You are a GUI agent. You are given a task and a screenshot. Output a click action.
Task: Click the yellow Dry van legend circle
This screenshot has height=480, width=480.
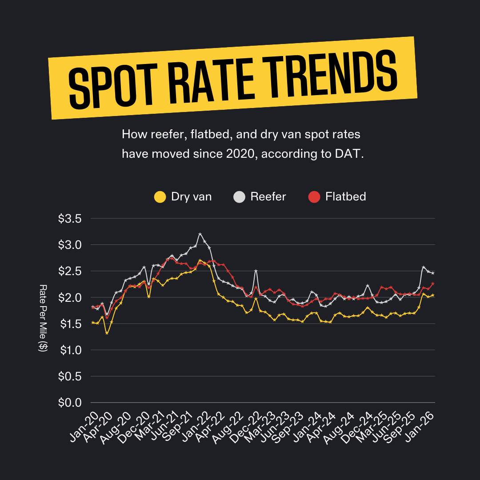160,197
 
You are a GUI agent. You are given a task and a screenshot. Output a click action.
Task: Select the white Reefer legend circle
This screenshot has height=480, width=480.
239,197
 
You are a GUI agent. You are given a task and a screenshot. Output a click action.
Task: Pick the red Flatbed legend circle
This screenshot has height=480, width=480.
314,197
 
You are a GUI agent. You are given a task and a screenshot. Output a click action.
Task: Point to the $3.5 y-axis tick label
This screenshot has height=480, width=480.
70,219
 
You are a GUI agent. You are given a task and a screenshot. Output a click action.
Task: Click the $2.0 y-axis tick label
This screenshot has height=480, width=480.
70,297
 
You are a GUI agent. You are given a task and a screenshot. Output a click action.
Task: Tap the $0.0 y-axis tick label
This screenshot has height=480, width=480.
70,403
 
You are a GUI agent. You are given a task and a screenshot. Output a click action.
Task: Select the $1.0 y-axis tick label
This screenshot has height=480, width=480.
70,350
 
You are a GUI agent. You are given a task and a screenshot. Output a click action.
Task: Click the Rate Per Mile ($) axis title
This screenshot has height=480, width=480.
43,318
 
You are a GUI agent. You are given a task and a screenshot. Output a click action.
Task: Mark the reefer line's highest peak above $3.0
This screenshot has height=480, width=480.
200,234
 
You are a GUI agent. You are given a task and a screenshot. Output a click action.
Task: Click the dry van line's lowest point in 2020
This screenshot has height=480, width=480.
107,333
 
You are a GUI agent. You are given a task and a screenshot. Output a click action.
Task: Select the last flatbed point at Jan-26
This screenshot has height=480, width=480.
433,284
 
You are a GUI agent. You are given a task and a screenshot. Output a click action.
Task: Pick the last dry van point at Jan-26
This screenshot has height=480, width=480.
433,295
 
